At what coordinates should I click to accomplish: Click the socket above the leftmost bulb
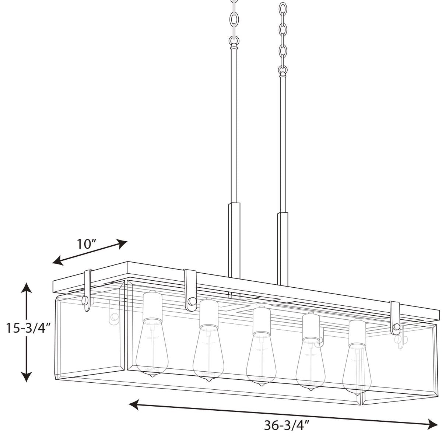click(x=152, y=306)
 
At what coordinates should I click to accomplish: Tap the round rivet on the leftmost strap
click(x=85, y=300)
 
